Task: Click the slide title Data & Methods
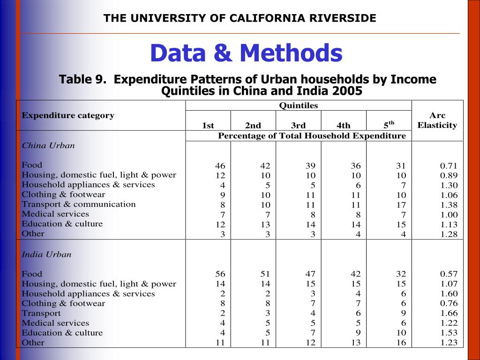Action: point(246,53)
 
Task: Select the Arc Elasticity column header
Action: point(437,120)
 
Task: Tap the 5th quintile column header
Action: point(389,125)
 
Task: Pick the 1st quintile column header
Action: point(208,125)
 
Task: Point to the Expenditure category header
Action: point(68,115)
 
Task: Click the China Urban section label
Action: point(48,145)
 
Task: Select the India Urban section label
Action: point(46,255)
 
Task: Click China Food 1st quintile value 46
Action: point(220,166)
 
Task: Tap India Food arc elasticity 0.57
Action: point(449,274)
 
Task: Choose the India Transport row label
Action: point(41,313)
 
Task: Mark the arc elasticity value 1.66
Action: point(449,313)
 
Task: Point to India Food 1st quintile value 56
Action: point(220,274)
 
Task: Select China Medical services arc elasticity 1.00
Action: point(449,215)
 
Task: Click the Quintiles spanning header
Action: point(298,105)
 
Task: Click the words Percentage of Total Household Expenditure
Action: point(312,136)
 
